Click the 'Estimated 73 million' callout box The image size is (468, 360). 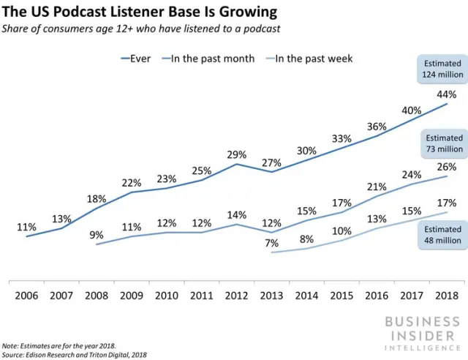(444, 143)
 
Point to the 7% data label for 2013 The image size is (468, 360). (272, 243)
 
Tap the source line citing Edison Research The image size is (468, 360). (75, 353)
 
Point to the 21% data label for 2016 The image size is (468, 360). (377, 187)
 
